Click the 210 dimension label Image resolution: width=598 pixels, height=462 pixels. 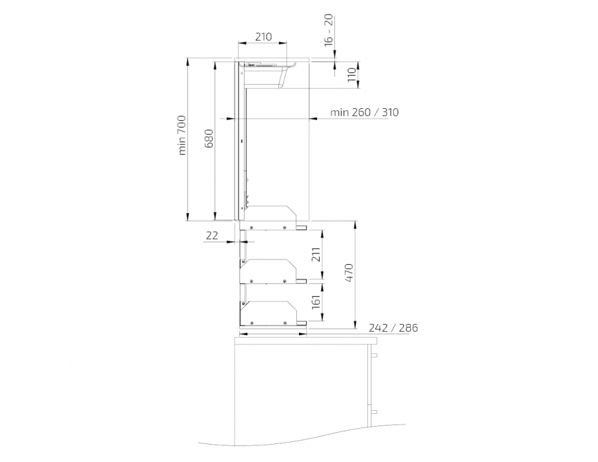point(264,37)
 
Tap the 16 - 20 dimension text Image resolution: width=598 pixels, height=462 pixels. point(329,30)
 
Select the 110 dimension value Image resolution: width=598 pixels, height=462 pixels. point(352,76)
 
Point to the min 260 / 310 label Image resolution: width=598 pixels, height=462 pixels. point(364,112)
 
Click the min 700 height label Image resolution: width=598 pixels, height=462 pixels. point(182,135)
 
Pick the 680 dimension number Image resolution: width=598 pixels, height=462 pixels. point(209,138)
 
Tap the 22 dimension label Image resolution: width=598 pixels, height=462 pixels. point(212,236)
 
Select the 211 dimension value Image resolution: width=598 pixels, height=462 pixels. point(316,254)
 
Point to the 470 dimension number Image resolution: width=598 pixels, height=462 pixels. point(349,272)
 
